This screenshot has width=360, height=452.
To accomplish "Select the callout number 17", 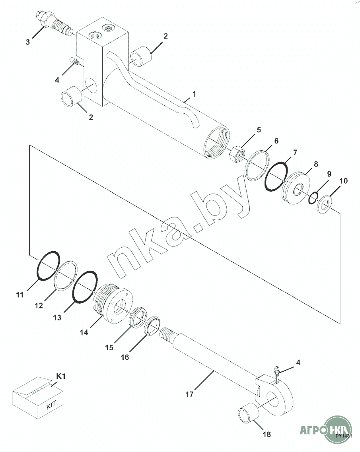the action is pyautogui.click(x=189, y=394).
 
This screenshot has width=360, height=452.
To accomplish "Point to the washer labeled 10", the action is pyautogui.click(x=324, y=205).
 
